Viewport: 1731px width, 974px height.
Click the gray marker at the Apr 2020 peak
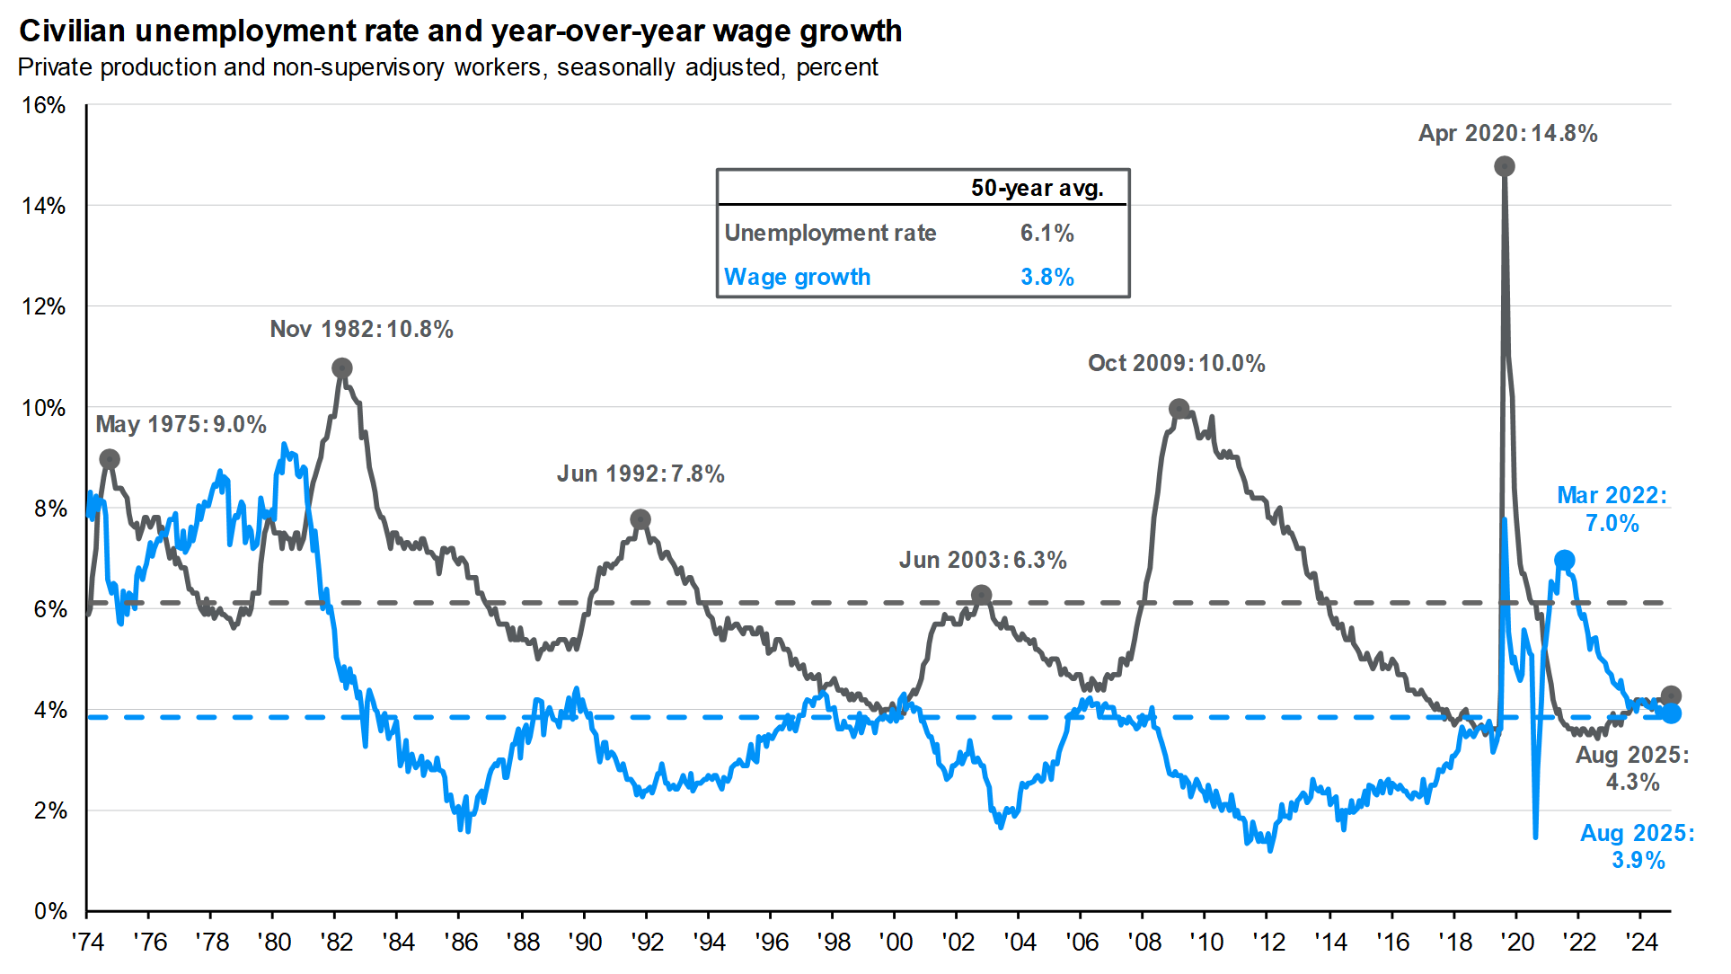(x=1505, y=166)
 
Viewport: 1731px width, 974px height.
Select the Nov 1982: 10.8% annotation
(x=361, y=329)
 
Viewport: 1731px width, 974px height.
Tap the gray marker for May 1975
(x=109, y=459)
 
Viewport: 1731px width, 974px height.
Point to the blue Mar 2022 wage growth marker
(x=1564, y=560)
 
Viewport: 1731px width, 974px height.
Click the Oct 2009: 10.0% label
(x=1176, y=363)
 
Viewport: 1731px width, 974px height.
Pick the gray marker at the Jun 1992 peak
(x=640, y=519)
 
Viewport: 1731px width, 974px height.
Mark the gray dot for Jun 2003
(x=982, y=595)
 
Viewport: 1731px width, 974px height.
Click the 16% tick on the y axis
(x=43, y=105)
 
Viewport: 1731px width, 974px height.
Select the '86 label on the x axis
(x=461, y=942)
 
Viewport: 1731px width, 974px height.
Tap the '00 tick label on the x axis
(x=896, y=942)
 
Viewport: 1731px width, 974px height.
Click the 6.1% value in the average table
(x=1047, y=233)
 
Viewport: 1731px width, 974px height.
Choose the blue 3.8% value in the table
(x=1047, y=277)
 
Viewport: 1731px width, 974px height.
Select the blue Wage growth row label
(x=797, y=277)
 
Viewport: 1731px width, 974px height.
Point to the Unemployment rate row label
(x=830, y=233)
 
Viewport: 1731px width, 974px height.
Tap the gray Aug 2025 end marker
(x=1671, y=695)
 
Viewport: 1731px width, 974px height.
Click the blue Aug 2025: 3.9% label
(x=1638, y=846)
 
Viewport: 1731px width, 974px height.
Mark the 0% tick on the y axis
(x=50, y=911)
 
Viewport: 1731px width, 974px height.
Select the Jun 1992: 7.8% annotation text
(x=640, y=474)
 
